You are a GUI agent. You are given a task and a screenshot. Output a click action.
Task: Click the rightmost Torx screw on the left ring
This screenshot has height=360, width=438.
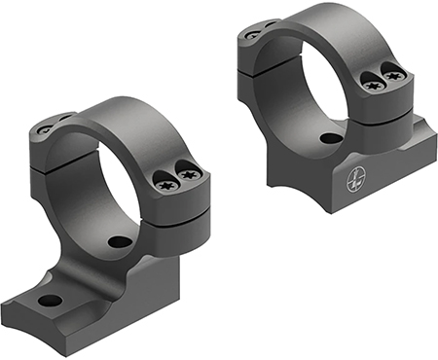click(x=191, y=174)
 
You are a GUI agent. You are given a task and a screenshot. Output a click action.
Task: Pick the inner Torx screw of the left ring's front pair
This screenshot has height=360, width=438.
click(x=164, y=180)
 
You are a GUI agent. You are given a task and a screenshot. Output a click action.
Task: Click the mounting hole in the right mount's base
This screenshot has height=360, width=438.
click(x=331, y=138)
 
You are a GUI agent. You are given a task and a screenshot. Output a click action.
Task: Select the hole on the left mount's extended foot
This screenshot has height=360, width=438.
click(x=49, y=301)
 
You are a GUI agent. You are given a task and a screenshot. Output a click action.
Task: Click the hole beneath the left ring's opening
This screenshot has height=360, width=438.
click(x=119, y=241)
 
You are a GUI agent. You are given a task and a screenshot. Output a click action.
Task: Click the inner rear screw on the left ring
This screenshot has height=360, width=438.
click(x=64, y=121)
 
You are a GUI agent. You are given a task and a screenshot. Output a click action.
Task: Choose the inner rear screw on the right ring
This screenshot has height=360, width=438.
click(x=269, y=26)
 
